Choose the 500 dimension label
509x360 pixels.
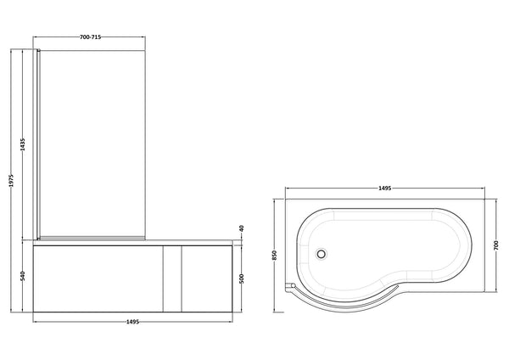point(241,278)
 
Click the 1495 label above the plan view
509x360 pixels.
point(390,188)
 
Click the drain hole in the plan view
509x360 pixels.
point(321,252)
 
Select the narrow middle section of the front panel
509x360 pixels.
point(172,280)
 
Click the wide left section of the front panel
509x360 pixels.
point(97,280)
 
